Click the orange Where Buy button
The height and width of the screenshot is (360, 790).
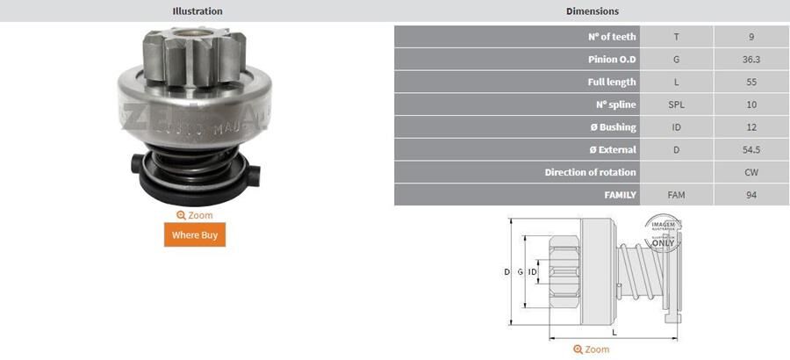point(194,234)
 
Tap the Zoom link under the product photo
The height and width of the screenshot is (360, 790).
point(194,215)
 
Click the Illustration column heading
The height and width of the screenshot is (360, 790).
point(197,11)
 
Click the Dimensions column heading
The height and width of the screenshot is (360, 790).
point(592,11)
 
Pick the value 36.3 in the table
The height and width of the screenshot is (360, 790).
point(750,60)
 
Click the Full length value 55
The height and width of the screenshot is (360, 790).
point(750,83)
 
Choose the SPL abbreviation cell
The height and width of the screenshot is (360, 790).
point(676,104)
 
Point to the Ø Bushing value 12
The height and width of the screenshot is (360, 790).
point(750,127)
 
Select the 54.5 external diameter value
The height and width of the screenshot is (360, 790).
point(750,150)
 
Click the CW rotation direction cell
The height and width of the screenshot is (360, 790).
point(750,172)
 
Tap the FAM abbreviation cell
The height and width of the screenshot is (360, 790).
point(676,195)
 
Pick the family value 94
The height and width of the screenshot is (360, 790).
point(750,195)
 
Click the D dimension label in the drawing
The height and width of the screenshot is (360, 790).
point(506,272)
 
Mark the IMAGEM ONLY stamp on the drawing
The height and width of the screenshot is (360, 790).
point(663,233)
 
